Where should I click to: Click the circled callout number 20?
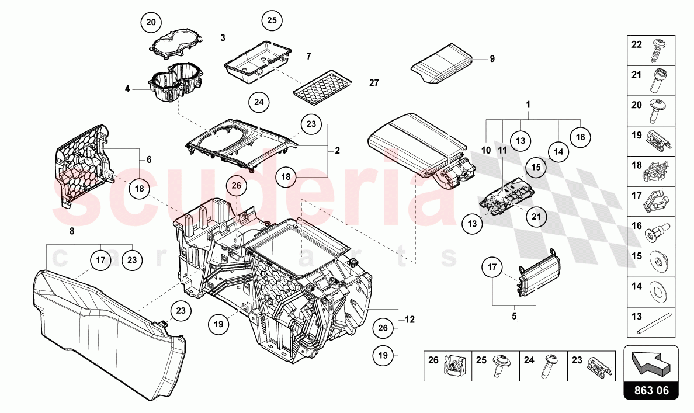151,23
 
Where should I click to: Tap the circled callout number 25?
272,20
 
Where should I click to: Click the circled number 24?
259,102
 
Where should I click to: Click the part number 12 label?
410,319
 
